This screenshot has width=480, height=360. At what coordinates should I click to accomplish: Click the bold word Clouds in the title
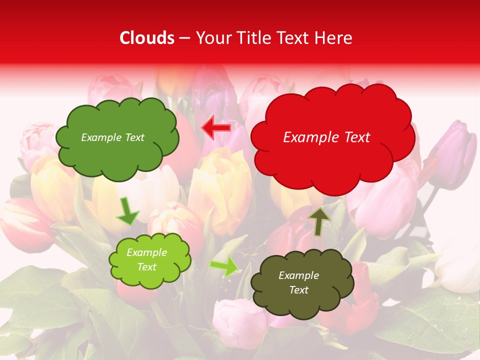coord(147,38)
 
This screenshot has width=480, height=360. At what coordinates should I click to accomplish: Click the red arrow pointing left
coord(216,127)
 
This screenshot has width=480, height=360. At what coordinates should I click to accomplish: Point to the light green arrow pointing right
coord(224,267)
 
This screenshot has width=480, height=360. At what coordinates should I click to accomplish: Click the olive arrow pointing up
coord(319,221)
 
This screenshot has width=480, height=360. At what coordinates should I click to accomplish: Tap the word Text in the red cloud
coord(357,137)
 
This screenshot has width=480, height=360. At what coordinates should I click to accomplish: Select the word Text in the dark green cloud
coord(133,137)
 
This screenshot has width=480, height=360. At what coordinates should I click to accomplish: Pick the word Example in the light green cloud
coord(146,252)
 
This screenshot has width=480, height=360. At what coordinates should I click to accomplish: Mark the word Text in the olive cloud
coord(298,290)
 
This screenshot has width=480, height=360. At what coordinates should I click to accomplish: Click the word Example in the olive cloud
coord(298,275)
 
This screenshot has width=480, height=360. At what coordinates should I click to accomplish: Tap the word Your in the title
coord(212,38)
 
